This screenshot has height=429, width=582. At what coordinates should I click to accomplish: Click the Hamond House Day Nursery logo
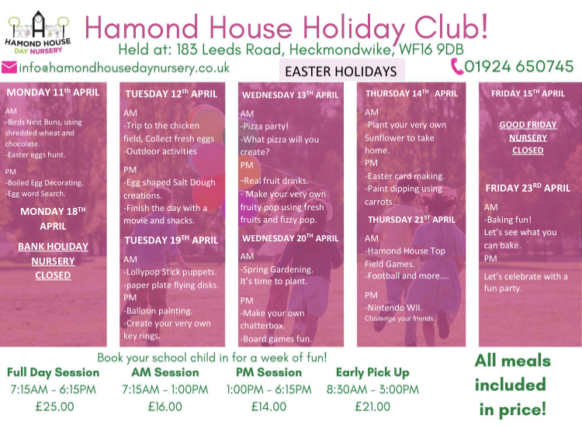coord(38,33)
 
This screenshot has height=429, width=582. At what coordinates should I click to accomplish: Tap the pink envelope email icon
coord(9,67)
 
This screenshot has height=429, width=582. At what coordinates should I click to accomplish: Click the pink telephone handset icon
coord(457,67)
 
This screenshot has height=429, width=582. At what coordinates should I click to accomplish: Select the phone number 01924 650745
coord(519,67)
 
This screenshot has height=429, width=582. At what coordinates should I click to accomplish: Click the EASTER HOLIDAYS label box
coord(341,71)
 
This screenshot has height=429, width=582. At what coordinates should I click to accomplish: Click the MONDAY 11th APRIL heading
coord(53,92)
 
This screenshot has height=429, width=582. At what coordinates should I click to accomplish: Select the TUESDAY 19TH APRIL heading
coord(171,240)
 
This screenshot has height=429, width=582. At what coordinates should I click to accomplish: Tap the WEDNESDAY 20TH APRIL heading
coord(290,238)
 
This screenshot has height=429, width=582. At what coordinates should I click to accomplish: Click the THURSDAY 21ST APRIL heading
coord(411,220)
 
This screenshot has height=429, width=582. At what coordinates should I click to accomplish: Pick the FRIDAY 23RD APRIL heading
coord(528,188)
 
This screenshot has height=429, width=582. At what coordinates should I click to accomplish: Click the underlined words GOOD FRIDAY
coord(528,125)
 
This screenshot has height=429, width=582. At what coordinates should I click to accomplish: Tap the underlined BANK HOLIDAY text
coord(53,247)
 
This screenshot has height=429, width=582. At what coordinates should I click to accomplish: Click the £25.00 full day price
coord(54,407)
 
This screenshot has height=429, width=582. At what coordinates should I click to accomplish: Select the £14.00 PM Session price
coord(268,407)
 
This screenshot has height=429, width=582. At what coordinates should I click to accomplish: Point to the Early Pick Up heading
coord(372,372)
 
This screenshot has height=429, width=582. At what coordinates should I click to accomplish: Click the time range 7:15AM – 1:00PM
coord(165,389)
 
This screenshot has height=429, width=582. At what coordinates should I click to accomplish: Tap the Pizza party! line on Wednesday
coord(265,126)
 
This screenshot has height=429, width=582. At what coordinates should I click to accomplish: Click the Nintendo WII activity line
coord(393,308)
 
